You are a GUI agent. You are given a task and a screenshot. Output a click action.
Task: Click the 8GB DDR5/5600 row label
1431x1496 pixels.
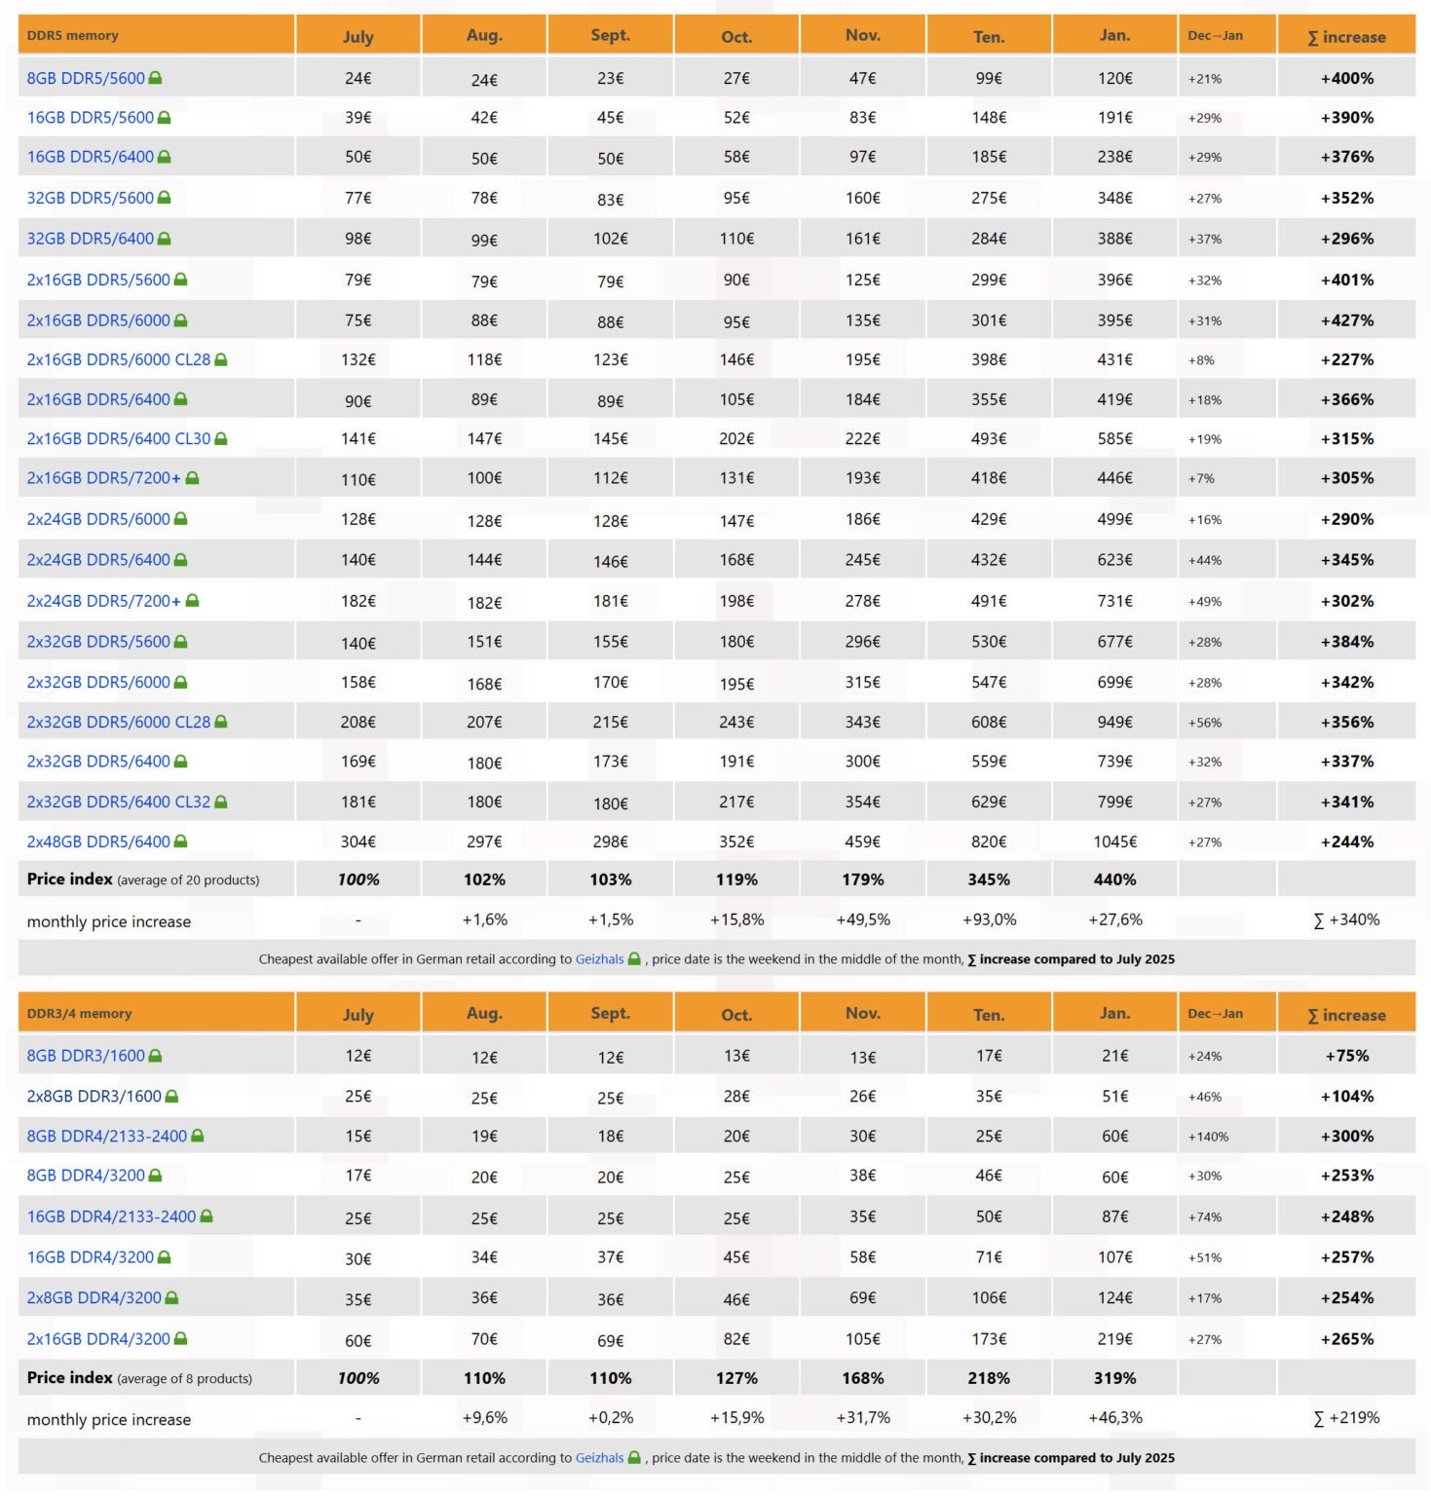[x=86, y=78]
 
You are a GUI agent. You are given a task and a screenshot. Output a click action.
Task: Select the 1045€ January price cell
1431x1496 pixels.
[x=1114, y=841]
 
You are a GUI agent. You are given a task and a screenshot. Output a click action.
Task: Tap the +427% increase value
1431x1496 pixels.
[x=1346, y=320]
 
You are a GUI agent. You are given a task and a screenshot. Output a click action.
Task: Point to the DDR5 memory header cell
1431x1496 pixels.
[x=73, y=36]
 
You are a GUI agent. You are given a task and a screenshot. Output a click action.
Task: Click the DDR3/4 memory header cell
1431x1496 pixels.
[x=79, y=1013]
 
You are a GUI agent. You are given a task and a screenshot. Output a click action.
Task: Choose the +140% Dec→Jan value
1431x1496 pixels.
[x=1208, y=1137]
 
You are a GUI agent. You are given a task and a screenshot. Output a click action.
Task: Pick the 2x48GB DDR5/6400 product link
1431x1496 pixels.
[x=98, y=841]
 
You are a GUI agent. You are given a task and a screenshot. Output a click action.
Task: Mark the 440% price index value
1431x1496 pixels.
[x=1114, y=879]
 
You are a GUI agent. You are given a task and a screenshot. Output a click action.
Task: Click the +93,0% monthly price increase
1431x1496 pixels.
[x=989, y=919]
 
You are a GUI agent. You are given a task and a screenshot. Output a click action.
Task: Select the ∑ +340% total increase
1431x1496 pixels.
[x=1346, y=919]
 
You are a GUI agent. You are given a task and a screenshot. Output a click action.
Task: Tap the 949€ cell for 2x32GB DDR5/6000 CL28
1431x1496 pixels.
[x=1114, y=722]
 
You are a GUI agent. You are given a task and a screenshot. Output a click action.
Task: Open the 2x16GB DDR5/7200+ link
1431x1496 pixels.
[x=103, y=478]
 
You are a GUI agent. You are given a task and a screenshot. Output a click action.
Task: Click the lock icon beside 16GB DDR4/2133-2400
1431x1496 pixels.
[x=207, y=1216]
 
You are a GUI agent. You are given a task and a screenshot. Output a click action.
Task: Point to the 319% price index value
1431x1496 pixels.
[x=1114, y=1378]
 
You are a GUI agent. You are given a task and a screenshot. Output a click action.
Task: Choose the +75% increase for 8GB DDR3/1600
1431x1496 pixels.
[x=1346, y=1056]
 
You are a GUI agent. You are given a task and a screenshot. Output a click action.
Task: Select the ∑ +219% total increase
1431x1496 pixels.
[x=1346, y=1418]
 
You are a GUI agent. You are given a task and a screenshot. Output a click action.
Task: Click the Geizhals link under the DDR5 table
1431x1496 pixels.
[x=599, y=959]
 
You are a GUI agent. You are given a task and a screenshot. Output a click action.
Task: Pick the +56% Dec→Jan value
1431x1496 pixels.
[x=1204, y=723]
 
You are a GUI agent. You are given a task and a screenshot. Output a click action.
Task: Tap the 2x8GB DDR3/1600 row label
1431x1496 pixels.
[x=94, y=1097]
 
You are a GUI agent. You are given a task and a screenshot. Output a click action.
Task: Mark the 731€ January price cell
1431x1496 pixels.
[x=1114, y=601]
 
